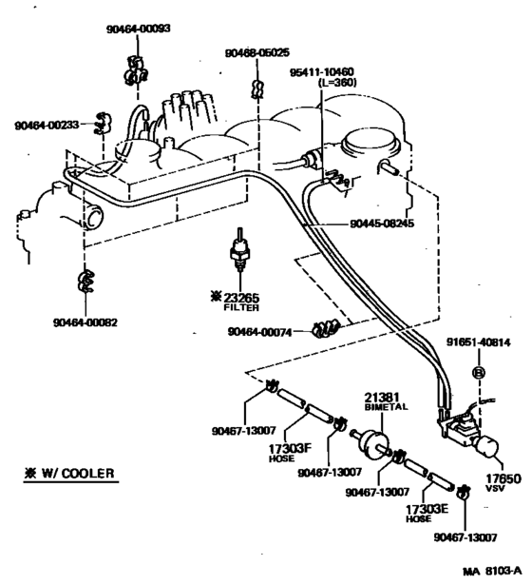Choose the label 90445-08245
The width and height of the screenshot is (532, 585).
pos(381,224)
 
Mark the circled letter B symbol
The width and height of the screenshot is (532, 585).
pos(479,374)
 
